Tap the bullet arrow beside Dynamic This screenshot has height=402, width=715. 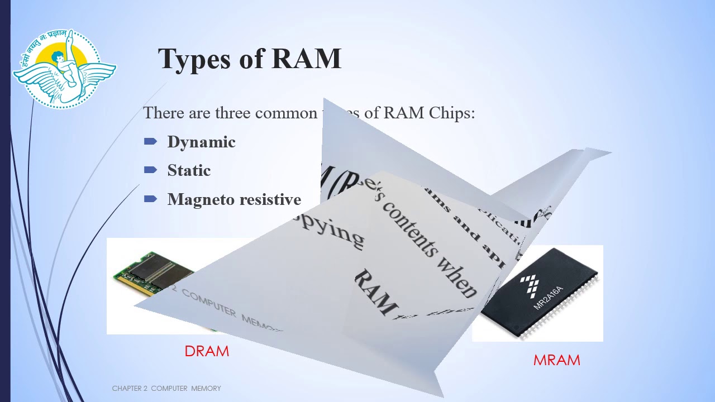(150, 142)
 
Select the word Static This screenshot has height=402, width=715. (189, 170)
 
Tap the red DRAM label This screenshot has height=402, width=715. (207, 351)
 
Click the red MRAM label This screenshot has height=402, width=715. (556, 360)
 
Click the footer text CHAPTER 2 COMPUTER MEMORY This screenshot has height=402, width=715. (166, 388)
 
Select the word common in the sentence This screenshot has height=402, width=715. (286, 113)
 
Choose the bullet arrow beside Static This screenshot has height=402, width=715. (150, 170)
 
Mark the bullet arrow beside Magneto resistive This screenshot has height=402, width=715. (150, 199)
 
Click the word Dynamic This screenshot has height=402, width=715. (201, 142)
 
